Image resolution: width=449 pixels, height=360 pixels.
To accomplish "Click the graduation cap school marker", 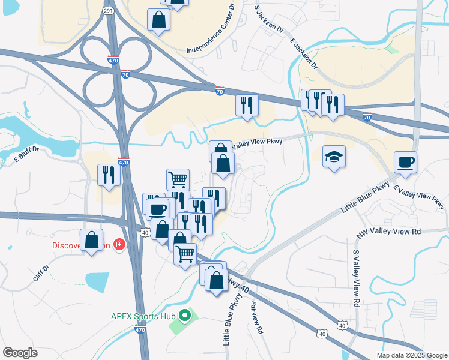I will pos(334,157).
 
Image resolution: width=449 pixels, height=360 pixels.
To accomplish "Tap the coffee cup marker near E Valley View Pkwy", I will pos(405,162).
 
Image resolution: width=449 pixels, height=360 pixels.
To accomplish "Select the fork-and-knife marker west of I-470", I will pos(109,175).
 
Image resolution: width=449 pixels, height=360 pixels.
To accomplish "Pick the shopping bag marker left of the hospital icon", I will pos(91,240).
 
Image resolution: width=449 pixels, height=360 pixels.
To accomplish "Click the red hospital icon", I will pos(120,245).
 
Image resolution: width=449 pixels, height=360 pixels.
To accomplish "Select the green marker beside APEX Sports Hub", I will pos(185,314).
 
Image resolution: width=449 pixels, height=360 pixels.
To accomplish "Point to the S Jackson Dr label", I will pos(269,19).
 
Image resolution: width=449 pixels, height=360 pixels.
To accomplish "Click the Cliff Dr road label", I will pos(41,275).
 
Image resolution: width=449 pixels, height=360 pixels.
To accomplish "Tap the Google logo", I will pos(20,353).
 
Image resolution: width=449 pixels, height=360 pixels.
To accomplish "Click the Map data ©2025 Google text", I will pos(411,355).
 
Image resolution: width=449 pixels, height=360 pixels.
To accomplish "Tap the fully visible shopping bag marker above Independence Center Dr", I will pos(158,20).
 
